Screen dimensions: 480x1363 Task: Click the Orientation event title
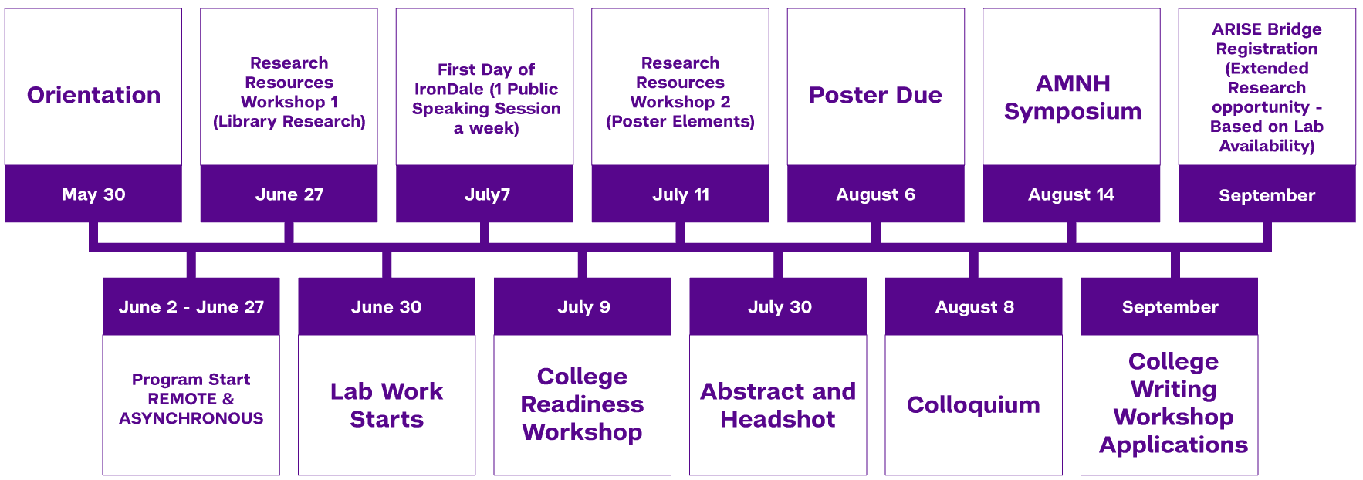[x=93, y=95]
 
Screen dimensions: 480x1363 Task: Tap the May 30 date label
[x=93, y=194]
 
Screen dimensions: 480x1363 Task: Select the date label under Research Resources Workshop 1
[x=289, y=194]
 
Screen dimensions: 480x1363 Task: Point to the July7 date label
[x=487, y=194]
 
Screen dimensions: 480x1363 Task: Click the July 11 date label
[x=680, y=194]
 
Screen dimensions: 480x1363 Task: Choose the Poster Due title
[x=875, y=95]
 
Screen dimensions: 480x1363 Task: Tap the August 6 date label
[x=875, y=194]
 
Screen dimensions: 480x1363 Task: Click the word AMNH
[x=1073, y=83]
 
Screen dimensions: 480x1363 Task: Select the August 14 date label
[x=1070, y=194]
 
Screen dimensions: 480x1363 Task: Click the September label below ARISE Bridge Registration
[x=1267, y=195]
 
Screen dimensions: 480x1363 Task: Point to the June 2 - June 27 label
[x=191, y=307]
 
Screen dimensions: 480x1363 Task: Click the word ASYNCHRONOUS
[x=191, y=418]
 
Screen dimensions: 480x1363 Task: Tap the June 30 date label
[x=386, y=307]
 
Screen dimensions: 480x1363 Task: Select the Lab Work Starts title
[x=386, y=405]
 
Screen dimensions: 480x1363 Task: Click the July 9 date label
[x=583, y=307]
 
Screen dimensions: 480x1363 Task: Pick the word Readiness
[x=582, y=404]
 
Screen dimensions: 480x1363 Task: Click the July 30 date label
[x=780, y=307]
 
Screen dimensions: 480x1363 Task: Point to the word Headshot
[x=777, y=419]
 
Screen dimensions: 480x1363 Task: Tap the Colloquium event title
[x=973, y=404]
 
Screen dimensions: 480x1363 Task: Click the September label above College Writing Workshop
[x=1169, y=307]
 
